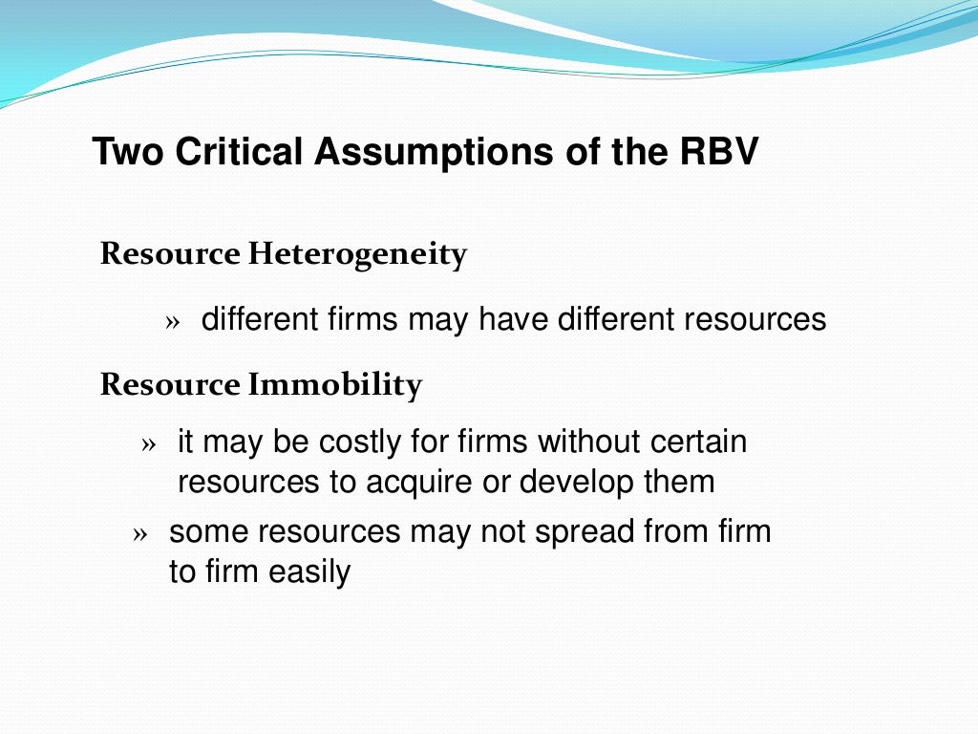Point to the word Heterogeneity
click(x=357, y=255)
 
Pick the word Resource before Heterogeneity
click(x=170, y=255)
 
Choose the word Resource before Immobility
click(x=170, y=385)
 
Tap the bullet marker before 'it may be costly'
click(x=147, y=445)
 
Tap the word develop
click(x=575, y=483)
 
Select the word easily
click(x=309, y=572)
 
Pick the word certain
click(x=698, y=443)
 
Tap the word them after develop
click(x=679, y=483)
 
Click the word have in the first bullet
click(x=514, y=319)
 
